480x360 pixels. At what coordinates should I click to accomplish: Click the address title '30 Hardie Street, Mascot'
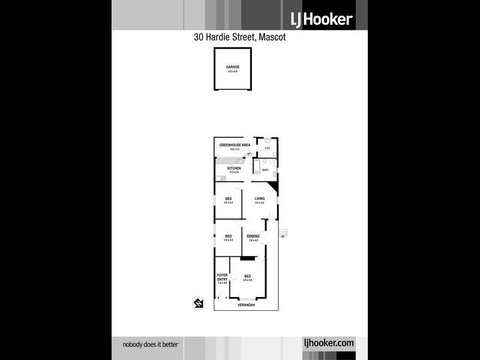point(239,37)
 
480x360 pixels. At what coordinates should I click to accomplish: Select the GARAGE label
point(232,67)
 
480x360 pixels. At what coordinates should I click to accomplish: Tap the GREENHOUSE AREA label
point(235,145)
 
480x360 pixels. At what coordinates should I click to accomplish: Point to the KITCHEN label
point(234,168)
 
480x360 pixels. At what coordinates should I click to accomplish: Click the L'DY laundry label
point(268,148)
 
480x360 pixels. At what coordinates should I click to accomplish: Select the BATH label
point(265,170)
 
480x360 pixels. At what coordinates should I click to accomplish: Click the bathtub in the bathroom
point(257,166)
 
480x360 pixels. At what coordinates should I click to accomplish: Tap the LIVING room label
point(259,199)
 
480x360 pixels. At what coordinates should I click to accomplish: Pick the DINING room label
point(253,236)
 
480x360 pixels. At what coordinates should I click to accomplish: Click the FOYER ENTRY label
point(222,278)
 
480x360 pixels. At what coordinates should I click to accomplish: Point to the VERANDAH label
point(247,305)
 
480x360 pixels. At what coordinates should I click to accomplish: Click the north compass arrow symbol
point(197,304)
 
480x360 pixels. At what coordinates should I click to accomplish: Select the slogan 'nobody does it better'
point(151,344)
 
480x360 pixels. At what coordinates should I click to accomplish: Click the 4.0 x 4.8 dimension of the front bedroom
point(247,280)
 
